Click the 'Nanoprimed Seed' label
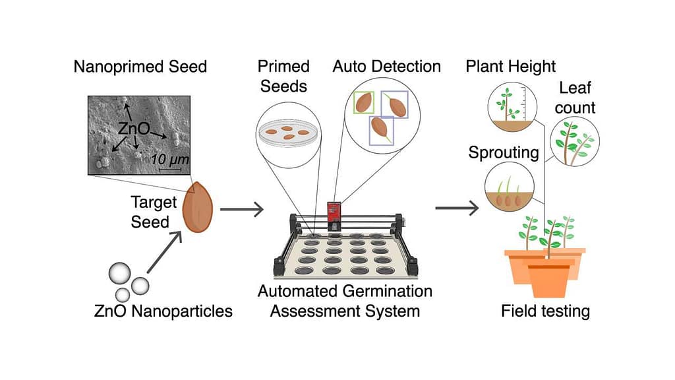coord(140,67)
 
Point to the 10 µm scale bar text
coord(170,159)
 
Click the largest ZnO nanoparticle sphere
coord(119,272)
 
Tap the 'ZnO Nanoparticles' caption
coord(163,311)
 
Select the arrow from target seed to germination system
coord(241,210)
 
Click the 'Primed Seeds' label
coord(283,76)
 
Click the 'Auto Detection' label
coord(386,67)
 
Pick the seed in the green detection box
coord(365,102)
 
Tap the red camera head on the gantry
coord(336,212)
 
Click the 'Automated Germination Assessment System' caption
coord(345,301)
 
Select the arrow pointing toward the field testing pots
coord(457,210)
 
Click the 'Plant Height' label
coord(511,67)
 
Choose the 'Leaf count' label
coord(577,98)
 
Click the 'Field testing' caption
coord(545,311)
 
